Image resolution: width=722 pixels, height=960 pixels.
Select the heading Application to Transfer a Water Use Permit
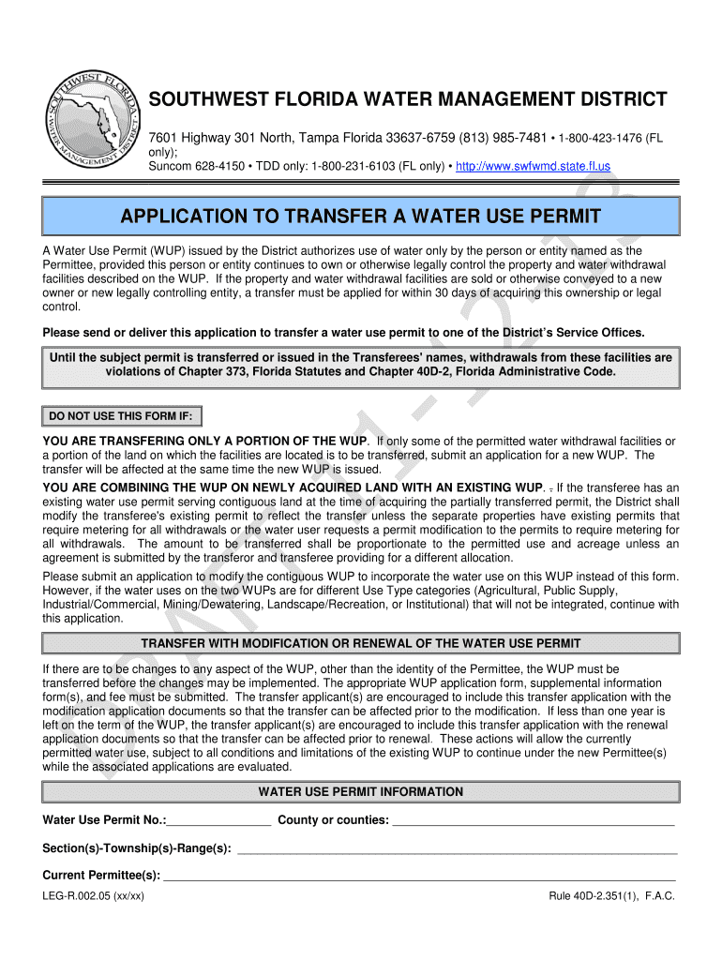[x=360, y=217]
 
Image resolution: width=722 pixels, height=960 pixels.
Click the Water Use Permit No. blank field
[x=219, y=820]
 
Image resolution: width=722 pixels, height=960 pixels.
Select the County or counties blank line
[x=533, y=820]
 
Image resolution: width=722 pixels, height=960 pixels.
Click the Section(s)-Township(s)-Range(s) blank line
[x=457, y=848]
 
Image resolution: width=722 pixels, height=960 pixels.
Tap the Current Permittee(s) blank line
[x=419, y=876]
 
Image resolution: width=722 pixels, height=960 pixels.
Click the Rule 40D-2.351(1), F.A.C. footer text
[x=611, y=895]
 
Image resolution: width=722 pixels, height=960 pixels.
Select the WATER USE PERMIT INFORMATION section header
[x=360, y=792]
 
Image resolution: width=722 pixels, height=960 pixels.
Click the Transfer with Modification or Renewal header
[x=360, y=643]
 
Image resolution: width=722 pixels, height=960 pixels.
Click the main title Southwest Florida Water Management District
[x=409, y=99]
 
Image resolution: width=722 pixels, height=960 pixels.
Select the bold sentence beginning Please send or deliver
[x=343, y=332]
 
